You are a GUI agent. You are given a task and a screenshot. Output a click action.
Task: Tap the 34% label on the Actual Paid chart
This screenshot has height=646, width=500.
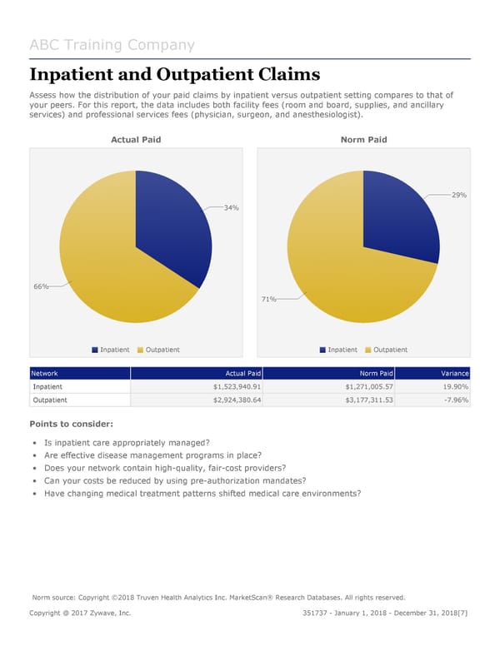[231, 207]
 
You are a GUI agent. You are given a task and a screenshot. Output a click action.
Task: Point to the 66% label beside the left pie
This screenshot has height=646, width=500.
[40, 286]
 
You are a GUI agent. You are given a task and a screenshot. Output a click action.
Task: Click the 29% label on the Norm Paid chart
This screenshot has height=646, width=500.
[458, 195]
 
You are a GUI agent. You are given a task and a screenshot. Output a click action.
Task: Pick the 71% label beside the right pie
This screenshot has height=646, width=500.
[268, 299]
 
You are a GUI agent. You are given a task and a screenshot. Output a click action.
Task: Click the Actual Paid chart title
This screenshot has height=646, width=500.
[136, 140]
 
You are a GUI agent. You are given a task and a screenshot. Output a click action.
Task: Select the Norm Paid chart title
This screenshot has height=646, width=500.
[363, 140]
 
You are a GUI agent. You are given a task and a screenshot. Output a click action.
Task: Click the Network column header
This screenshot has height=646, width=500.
[45, 374]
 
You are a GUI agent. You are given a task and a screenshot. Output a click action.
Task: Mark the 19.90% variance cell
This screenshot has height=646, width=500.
[453, 387]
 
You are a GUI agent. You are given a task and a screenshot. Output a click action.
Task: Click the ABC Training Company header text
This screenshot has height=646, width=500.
[112, 45]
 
